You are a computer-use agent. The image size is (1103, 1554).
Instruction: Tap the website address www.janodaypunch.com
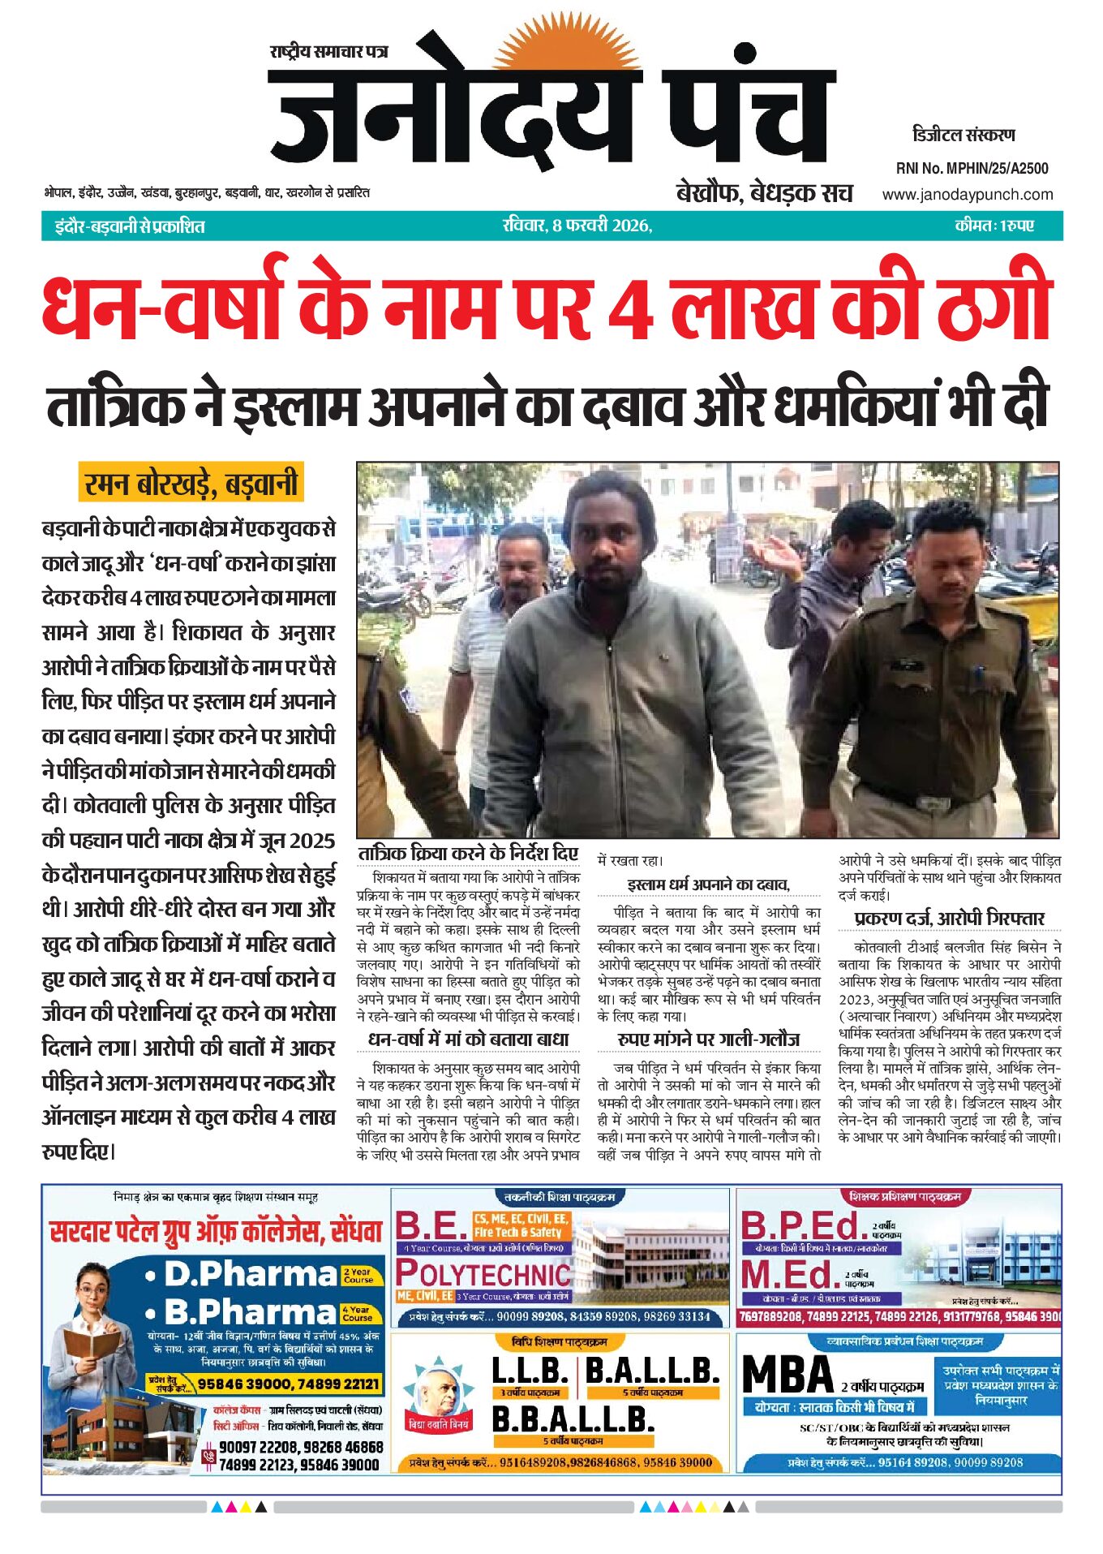967,195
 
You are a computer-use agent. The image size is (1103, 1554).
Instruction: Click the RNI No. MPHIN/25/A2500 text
972,169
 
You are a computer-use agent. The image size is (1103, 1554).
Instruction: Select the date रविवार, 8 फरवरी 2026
577,226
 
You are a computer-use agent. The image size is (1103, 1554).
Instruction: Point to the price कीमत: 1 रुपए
994,226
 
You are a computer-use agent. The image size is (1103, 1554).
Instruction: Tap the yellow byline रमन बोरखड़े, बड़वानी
191,484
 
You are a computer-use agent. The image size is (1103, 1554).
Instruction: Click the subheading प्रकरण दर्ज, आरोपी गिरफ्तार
950,919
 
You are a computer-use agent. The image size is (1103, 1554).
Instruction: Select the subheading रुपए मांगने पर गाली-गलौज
708,1040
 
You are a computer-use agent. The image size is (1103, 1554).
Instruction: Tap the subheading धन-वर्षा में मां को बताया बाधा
468,1040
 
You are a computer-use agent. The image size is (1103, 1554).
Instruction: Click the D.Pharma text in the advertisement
250,1274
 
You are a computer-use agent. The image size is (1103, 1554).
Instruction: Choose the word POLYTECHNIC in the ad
483,1274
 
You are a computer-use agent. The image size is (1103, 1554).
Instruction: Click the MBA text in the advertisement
788,1375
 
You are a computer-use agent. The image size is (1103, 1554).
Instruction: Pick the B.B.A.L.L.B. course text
573,1420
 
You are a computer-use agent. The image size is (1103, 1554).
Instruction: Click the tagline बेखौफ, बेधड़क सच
764,193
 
